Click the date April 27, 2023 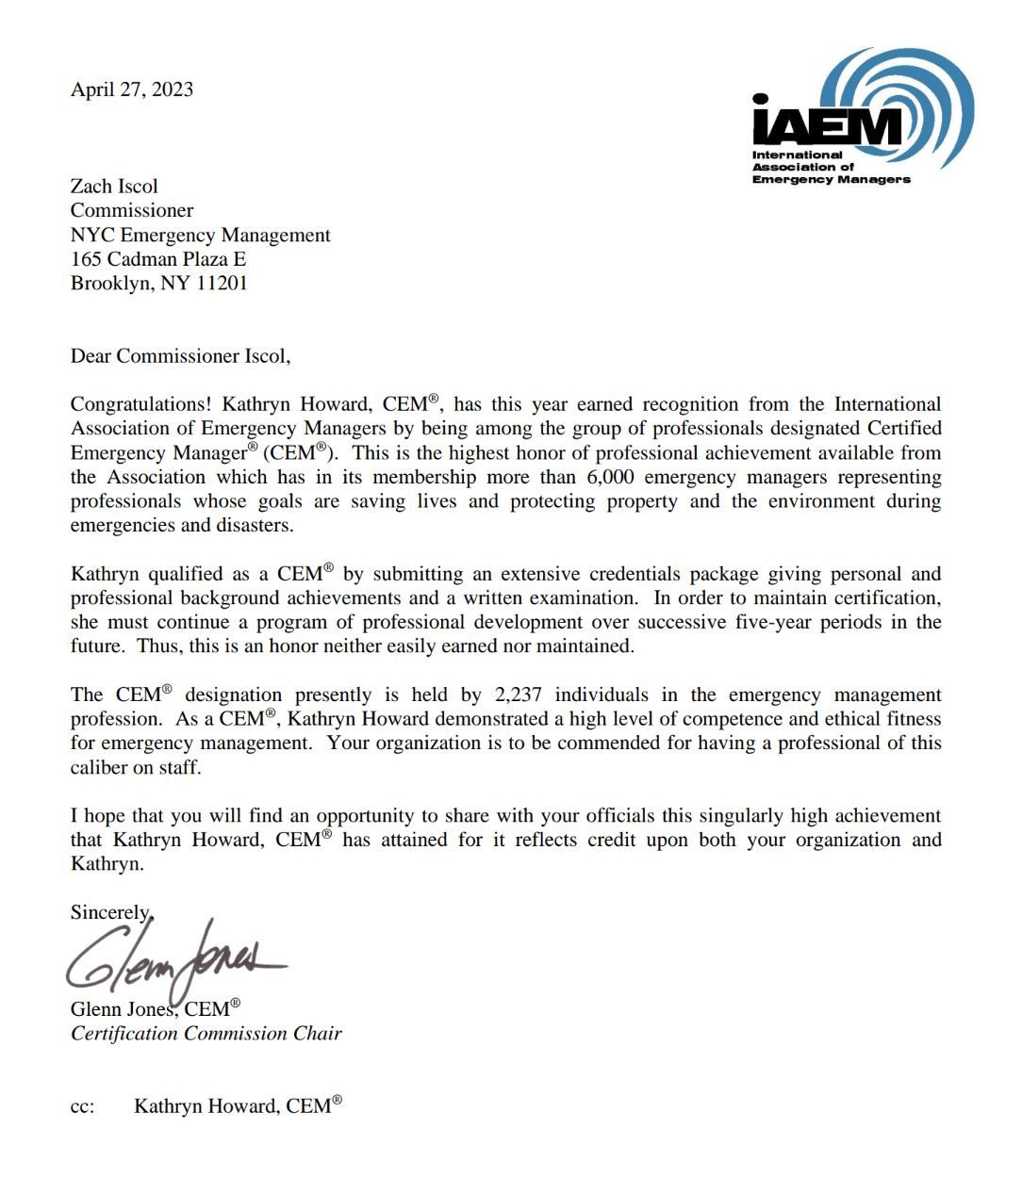tap(132, 90)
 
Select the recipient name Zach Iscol tap(114, 186)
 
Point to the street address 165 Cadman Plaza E tap(158, 258)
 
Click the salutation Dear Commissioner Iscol tap(180, 355)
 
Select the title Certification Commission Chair tap(206, 1033)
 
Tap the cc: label tap(83, 1107)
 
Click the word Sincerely tap(109, 911)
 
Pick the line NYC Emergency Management tap(200, 235)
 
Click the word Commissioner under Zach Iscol tap(132, 210)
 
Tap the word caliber tap(99, 767)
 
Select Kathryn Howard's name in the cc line tap(206, 1106)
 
